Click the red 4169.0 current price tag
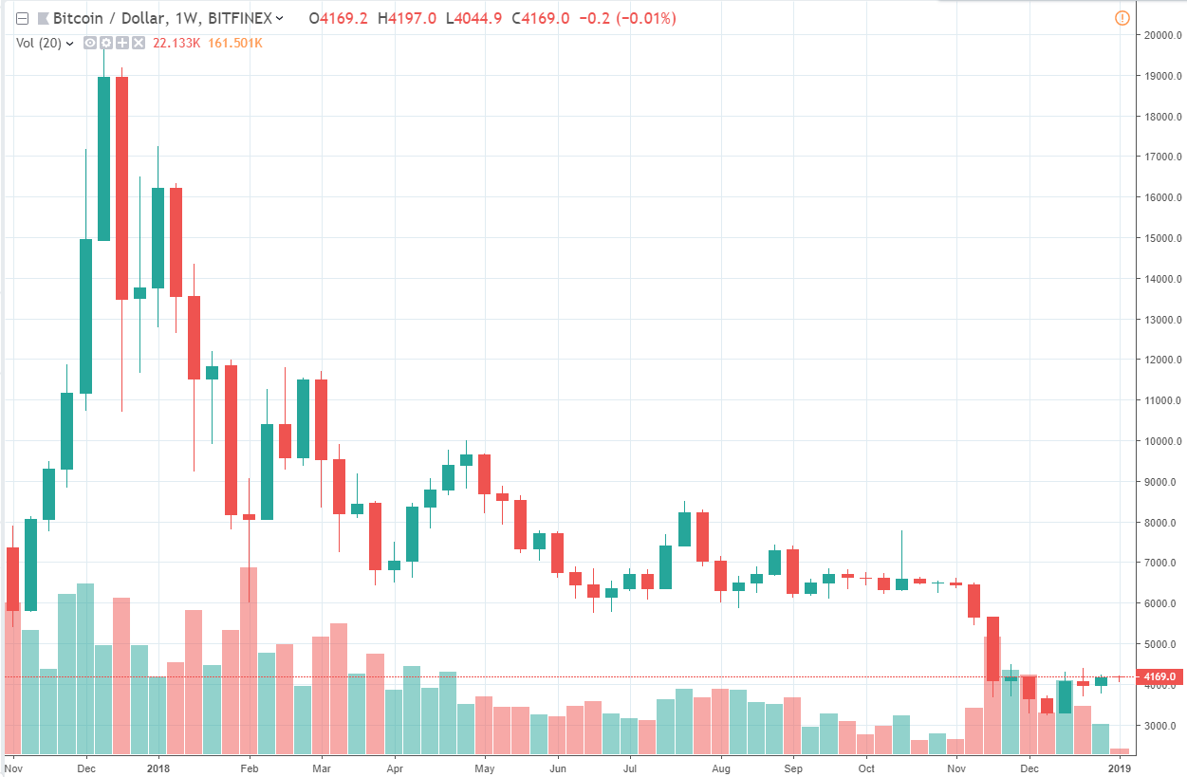coord(1160,677)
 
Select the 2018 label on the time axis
coord(158,767)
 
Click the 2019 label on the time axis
coord(1121,767)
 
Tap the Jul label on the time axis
coord(630,767)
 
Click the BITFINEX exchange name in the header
coord(241,18)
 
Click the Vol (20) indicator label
coord(39,43)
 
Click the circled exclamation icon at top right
coord(1122,18)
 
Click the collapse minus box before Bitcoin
coord(23,18)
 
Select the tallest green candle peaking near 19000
coord(103,158)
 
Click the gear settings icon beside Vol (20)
coord(106,43)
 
